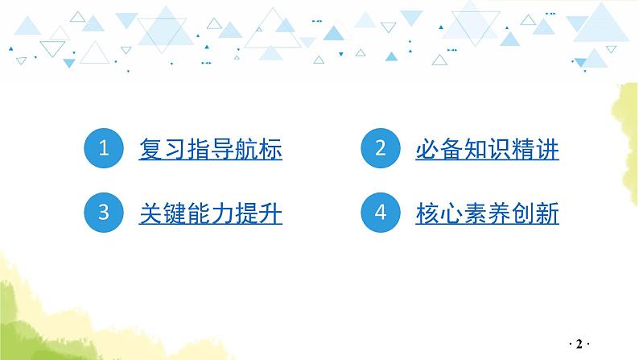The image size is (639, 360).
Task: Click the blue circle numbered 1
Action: [103, 149]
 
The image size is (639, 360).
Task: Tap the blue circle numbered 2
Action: [381, 149]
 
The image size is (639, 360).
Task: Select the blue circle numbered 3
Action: [103, 213]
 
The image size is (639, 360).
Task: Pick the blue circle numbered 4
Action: [381, 213]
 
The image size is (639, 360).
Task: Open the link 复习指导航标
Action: [211, 150]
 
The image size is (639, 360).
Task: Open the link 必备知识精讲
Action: [488, 150]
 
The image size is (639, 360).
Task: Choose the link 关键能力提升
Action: [211, 214]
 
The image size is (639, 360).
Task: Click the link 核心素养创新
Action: [488, 214]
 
